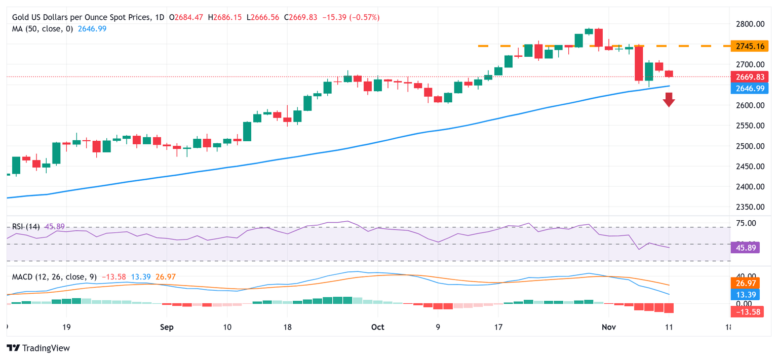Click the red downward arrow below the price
click(x=669, y=100)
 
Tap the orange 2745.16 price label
click(x=750, y=46)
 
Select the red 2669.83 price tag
click(x=750, y=77)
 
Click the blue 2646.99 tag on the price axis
click(x=750, y=89)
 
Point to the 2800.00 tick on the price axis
click(x=750, y=24)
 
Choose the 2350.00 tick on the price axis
click(x=750, y=207)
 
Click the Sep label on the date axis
click(x=167, y=327)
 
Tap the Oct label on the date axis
click(x=377, y=327)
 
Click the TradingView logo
click(x=38, y=348)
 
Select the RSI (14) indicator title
click(x=25, y=226)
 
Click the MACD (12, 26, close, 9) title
click(x=55, y=277)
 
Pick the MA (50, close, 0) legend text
click(x=43, y=29)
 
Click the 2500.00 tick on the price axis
click(x=750, y=146)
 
